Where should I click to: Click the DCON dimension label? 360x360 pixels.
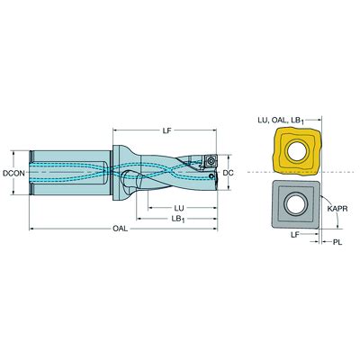[13, 173]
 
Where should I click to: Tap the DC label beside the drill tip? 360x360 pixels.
[229, 173]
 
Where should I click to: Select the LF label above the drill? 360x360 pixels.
[166, 130]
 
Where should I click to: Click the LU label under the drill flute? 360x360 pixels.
[179, 208]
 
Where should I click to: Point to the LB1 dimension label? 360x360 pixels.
[178, 220]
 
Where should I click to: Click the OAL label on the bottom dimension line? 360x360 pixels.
[120, 229]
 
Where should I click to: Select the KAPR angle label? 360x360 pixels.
[337, 209]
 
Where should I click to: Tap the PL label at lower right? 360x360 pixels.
[337, 242]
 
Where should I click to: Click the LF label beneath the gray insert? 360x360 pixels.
[295, 235]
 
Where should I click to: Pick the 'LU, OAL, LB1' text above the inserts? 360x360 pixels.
[281, 121]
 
